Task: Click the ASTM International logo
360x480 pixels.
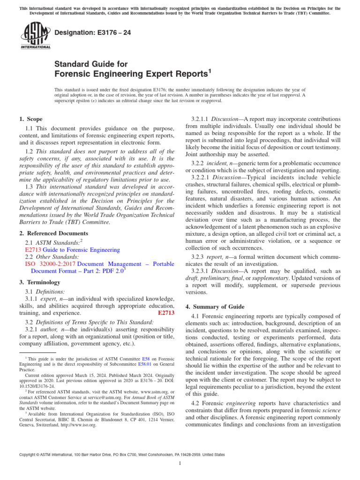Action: point(36,37)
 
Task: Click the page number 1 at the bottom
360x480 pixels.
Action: point(180,464)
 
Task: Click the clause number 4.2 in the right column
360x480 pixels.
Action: point(196,403)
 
